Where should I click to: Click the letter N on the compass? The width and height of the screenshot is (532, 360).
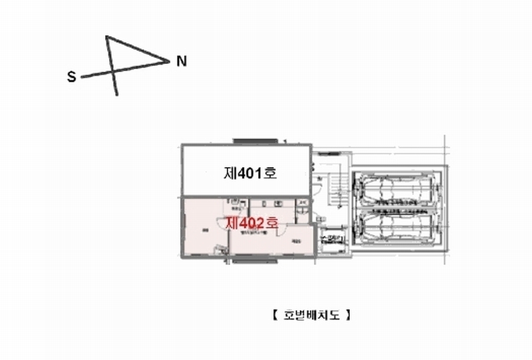click(182, 62)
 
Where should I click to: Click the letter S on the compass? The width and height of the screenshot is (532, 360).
click(71, 77)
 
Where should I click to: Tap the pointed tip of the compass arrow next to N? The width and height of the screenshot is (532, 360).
click(169, 63)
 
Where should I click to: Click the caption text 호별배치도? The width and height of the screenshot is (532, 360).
click(311, 315)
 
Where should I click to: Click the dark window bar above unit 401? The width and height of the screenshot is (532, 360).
click(254, 140)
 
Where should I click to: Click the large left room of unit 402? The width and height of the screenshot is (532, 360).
click(206, 230)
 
